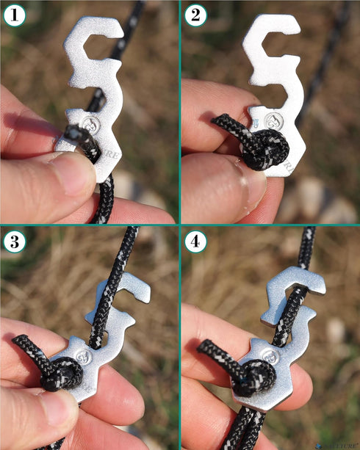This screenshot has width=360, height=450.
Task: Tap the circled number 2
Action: click(195, 14)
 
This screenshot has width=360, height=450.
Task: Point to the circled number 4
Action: click(195, 241)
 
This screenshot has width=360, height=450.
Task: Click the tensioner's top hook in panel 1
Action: click(93, 33)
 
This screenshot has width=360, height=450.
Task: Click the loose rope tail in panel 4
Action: click(209, 349)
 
